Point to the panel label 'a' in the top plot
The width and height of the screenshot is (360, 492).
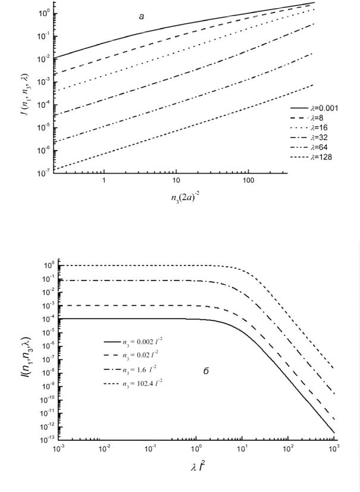click(141, 16)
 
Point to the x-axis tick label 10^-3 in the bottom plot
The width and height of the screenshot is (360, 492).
click(58, 449)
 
